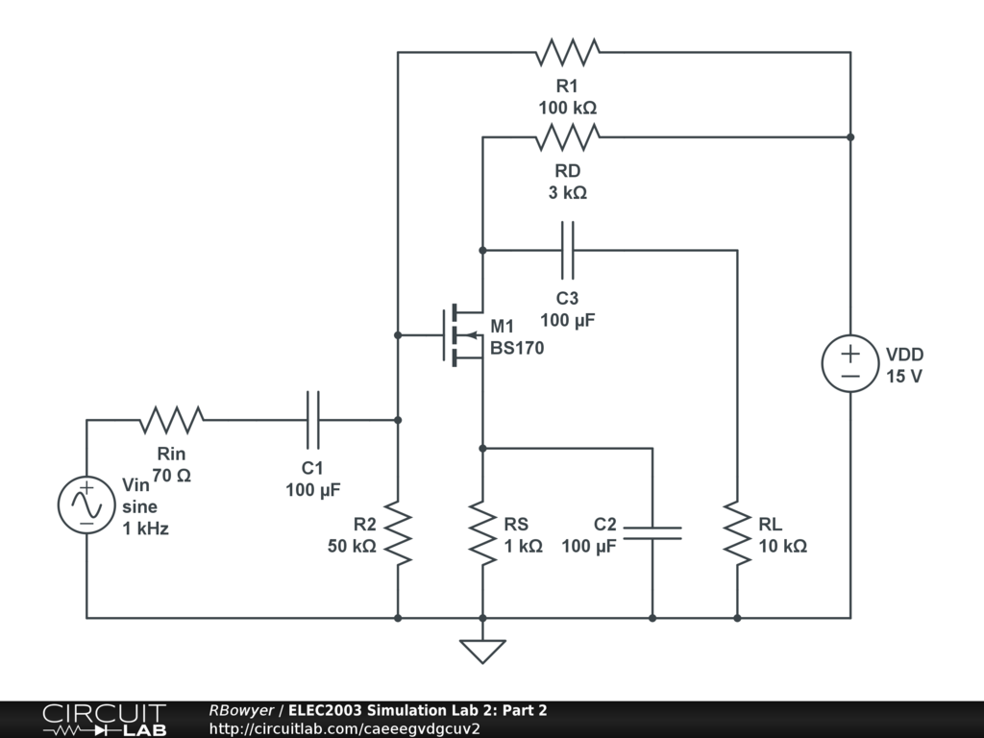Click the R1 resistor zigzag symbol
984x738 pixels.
(568, 52)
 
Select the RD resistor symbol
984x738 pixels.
(568, 136)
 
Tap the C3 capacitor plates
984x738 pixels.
(567, 250)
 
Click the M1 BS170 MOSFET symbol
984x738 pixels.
(462, 335)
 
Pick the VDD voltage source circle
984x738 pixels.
(850, 363)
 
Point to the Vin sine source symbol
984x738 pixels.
(86, 505)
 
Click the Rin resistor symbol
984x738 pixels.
(171, 420)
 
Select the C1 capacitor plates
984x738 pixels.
(312, 420)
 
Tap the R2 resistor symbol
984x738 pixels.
(397, 532)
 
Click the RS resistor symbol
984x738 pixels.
(482, 532)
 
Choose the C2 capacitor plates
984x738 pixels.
(652, 532)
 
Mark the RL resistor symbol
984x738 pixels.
(737, 532)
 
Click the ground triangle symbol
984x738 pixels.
(482, 651)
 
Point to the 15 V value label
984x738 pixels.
(904, 377)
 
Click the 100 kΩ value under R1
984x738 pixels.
(567, 108)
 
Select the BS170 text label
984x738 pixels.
(517, 348)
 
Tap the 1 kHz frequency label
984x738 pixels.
(146, 529)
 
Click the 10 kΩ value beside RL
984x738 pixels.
(782, 546)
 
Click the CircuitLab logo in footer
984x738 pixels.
(104, 720)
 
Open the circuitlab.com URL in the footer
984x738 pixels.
(345, 728)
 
